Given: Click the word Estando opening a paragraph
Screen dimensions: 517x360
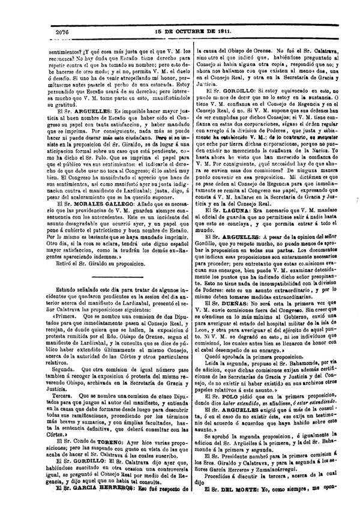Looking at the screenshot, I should (x=38, y=292).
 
